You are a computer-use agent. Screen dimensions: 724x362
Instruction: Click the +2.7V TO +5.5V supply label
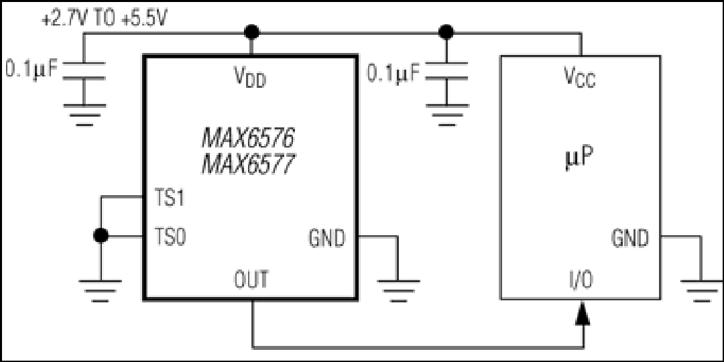[x=105, y=20]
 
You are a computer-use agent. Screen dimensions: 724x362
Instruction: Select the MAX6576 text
[x=248, y=137]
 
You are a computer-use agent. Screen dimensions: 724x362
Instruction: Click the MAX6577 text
[x=248, y=164]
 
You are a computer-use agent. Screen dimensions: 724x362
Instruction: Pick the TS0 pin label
[x=170, y=238]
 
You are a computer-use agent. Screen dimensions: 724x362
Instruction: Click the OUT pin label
[x=251, y=280]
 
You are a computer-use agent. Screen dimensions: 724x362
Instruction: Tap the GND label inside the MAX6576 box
[x=327, y=238]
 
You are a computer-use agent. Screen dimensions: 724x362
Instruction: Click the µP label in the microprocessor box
[x=579, y=159]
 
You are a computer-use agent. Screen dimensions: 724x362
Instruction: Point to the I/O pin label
[x=581, y=280]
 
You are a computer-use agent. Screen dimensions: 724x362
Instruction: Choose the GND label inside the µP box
[x=630, y=238]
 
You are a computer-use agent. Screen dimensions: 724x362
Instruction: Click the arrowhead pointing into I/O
[x=583, y=313]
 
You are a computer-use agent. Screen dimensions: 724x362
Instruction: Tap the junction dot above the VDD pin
[x=251, y=32]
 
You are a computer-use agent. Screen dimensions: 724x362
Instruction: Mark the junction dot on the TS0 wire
[x=101, y=235]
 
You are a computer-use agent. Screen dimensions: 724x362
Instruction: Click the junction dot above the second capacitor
[x=446, y=32]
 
